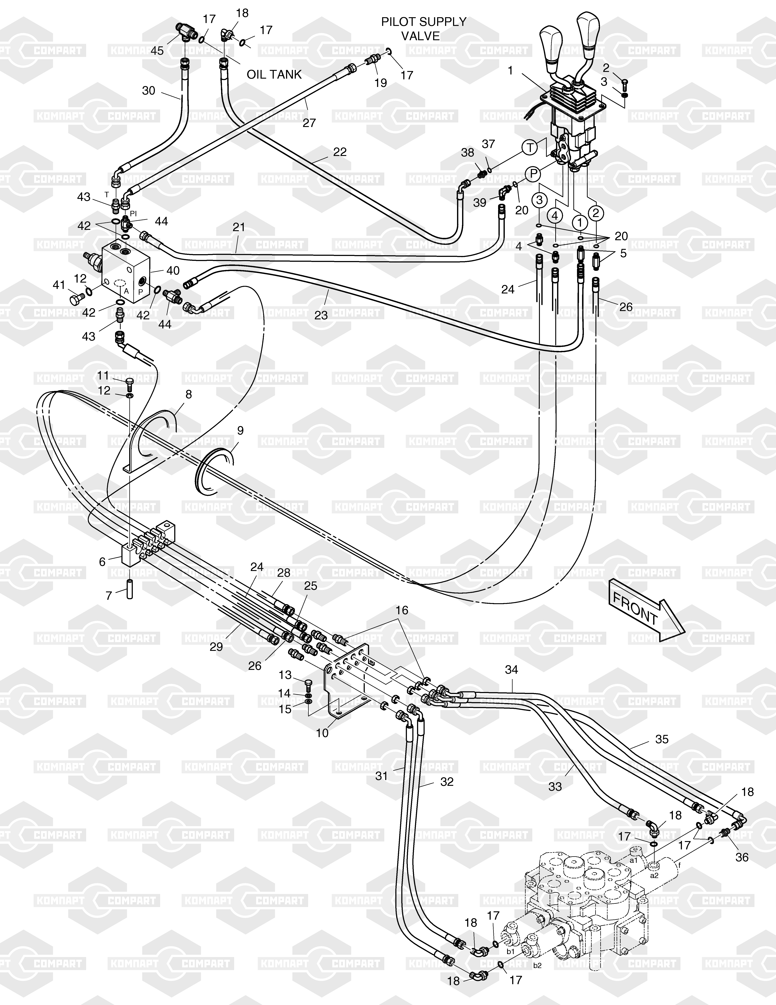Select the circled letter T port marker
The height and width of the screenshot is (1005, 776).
(530, 148)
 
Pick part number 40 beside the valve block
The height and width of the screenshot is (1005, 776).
(173, 271)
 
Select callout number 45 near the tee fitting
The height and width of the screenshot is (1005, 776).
(157, 51)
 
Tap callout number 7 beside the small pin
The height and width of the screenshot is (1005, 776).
(109, 596)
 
